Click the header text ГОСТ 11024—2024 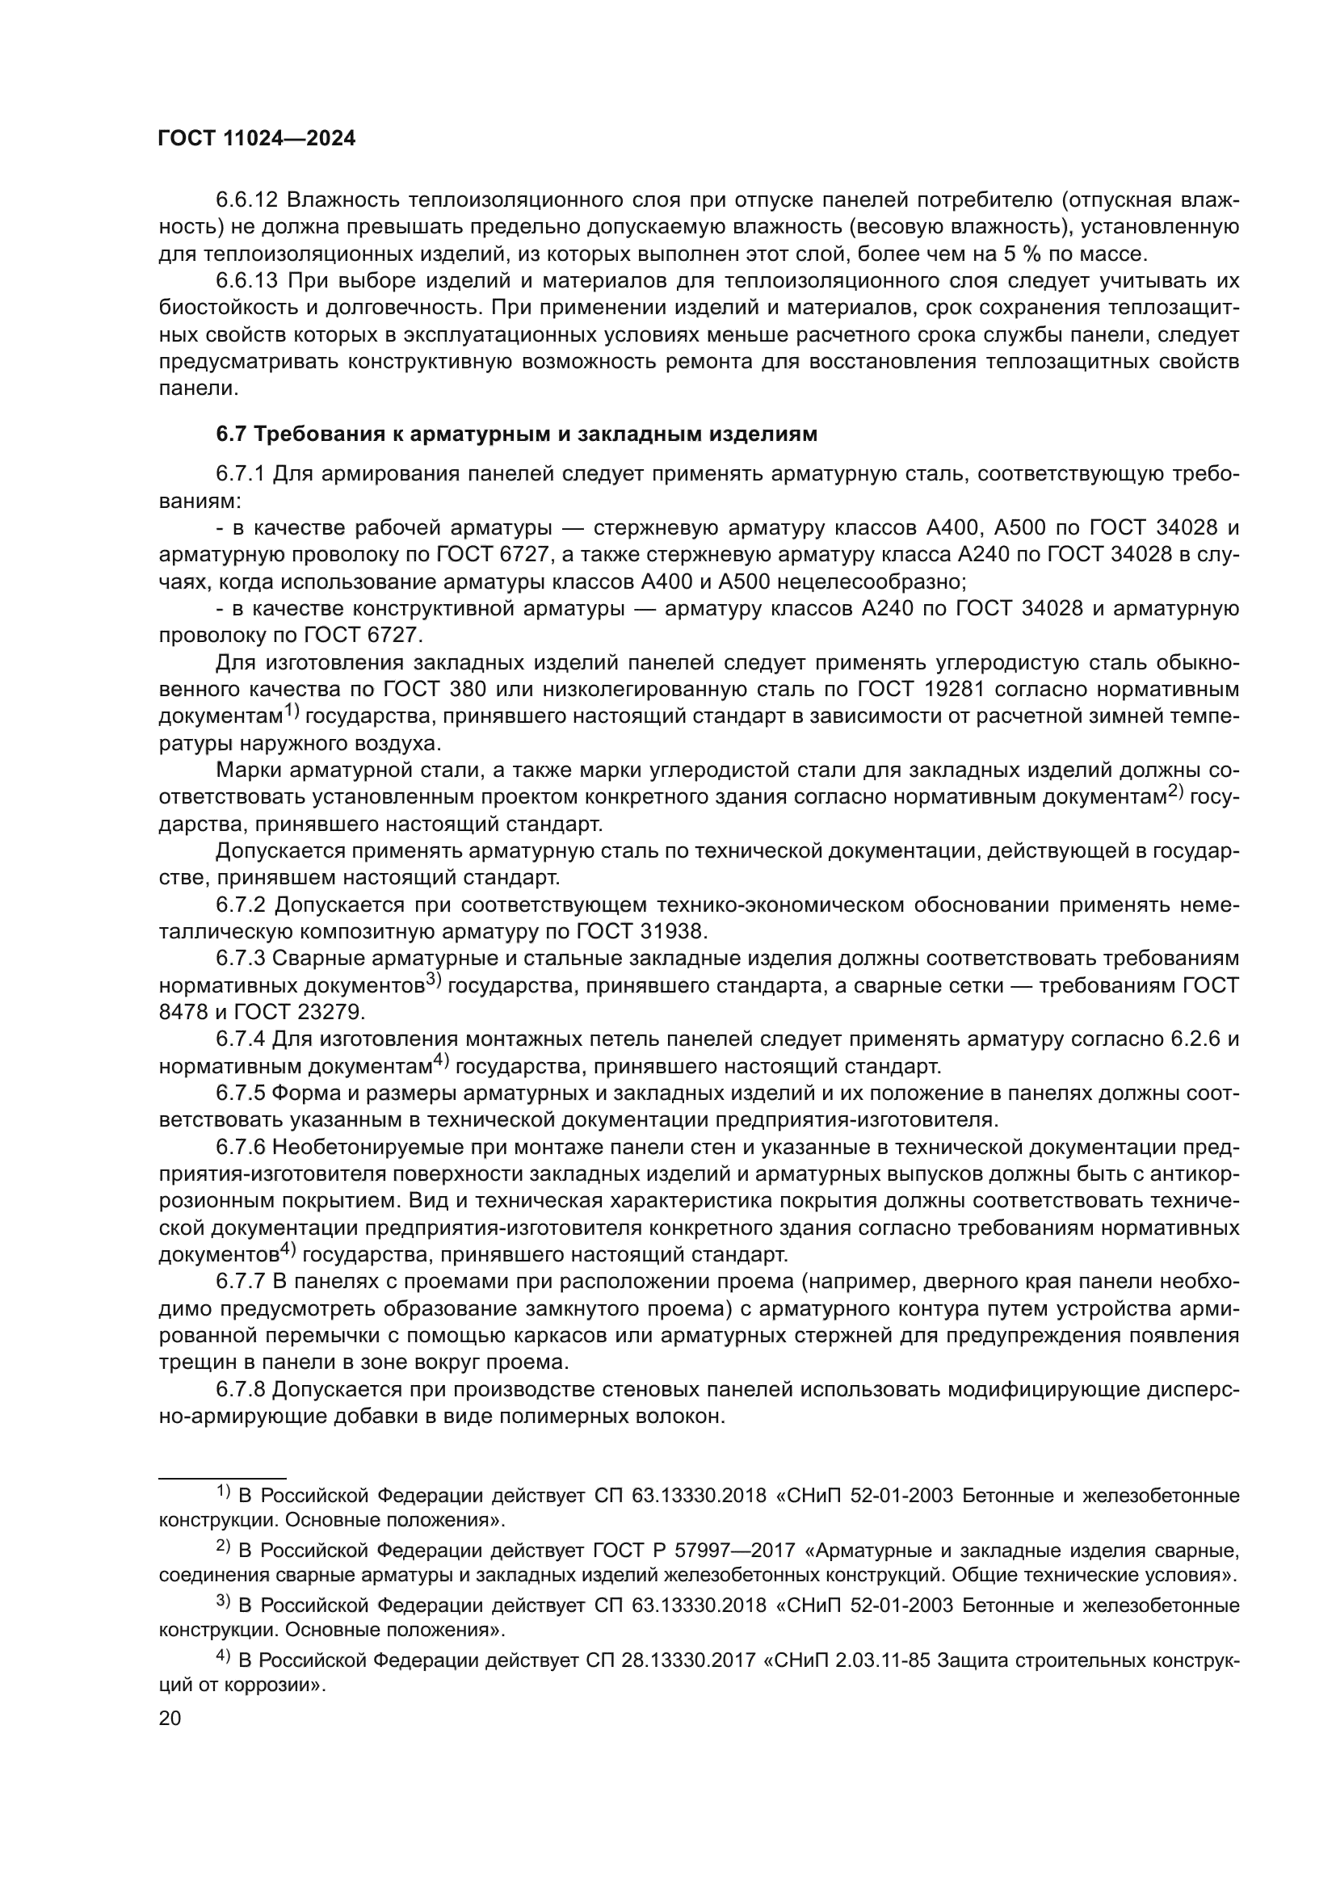click(257, 139)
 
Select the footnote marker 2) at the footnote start click(223, 1546)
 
